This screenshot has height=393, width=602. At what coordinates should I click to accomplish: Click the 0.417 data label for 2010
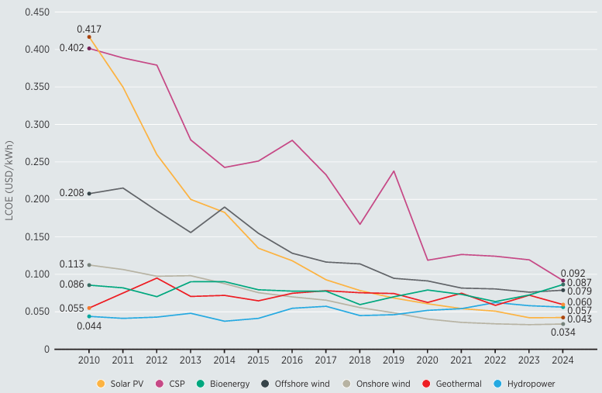click(x=89, y=29)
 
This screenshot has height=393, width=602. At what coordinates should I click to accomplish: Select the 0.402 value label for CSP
click(x=71, y=48)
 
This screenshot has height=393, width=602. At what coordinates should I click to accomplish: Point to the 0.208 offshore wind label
click(x=71, y=193)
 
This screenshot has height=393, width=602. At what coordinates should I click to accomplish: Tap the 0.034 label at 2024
click(x=562, y=333)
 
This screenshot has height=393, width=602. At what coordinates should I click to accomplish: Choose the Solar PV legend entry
click(x=122, y=384)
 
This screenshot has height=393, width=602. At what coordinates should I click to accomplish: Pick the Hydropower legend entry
click(x=531, y=384)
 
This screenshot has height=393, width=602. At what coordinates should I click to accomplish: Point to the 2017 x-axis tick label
click(x=326, y=360)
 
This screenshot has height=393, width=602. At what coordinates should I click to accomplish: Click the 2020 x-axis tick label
click(x=428, y=360)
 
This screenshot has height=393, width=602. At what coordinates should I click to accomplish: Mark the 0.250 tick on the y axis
click(x=36, y=162)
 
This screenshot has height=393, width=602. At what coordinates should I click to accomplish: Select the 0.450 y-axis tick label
click(x=36, y=12)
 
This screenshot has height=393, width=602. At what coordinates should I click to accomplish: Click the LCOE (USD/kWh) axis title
click(x=9, y=181)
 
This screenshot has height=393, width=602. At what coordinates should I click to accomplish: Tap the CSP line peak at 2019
click(x=394, y=171)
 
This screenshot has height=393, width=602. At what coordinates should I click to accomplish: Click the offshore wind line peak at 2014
click(x=225, y=208)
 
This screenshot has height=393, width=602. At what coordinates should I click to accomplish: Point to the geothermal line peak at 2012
click(x=157, y=278)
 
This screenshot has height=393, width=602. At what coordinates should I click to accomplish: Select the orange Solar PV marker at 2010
click(x=89, y=37)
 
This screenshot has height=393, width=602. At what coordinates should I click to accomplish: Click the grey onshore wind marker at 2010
click(x=89, y=265)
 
